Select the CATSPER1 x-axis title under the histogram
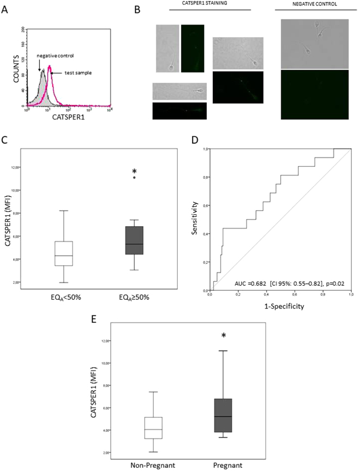pos(71,117)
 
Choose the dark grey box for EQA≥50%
pos(134,240)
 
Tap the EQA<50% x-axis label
pos(63,298)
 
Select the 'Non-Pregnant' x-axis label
pos(153,464)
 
